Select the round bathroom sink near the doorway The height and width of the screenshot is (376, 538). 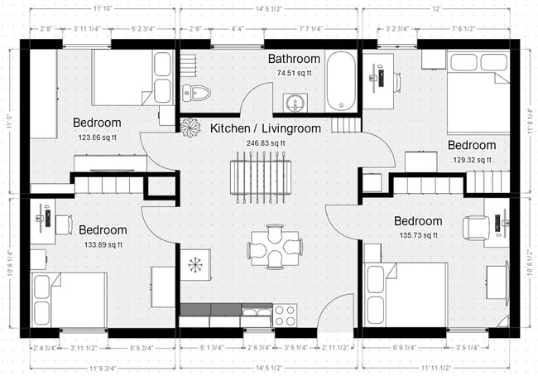pos(295,103)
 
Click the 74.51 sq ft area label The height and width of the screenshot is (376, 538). pos(294,73)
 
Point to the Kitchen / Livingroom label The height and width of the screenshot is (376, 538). pos(265,129)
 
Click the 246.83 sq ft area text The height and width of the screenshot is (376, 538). pos(265,143)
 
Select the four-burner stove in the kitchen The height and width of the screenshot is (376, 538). pos(286,316)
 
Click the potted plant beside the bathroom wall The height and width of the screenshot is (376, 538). pos(191,128)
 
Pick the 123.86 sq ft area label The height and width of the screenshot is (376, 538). pos(98,137)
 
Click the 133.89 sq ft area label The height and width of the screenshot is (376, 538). pos(103,244)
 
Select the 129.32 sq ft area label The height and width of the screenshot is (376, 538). pos(472,160)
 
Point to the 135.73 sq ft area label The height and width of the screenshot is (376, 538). pos(418,236)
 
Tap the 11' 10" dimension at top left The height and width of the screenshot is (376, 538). pos(103,8)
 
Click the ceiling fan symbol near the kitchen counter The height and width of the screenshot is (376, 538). pos(196,265)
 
